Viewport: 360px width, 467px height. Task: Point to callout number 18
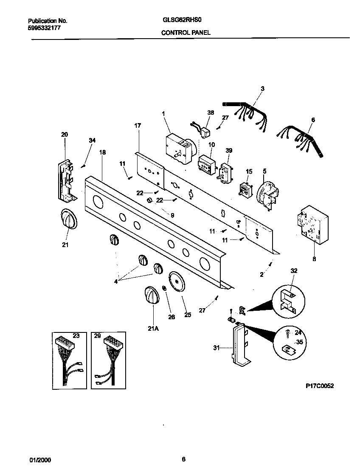tap(102, 152)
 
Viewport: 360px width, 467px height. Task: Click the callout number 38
tap(211, 113)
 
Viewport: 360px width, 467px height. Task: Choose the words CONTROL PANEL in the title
tap(186, 32)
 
